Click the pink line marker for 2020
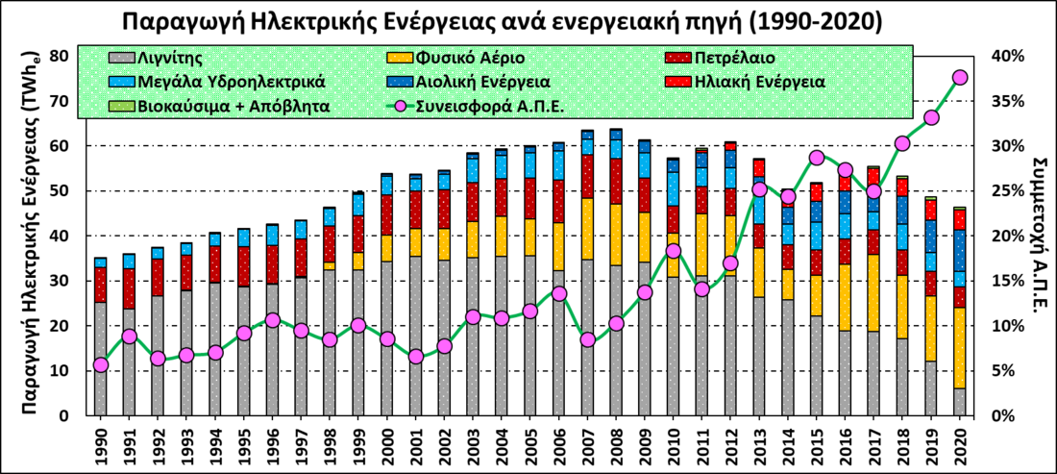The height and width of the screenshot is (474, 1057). (959, 78)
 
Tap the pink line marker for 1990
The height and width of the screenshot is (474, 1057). (101, 364)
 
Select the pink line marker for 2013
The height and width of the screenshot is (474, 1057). (759, 189)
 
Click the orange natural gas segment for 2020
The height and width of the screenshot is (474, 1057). (959, 347)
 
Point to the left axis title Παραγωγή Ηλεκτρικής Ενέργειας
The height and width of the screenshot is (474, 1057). (30, 236)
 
